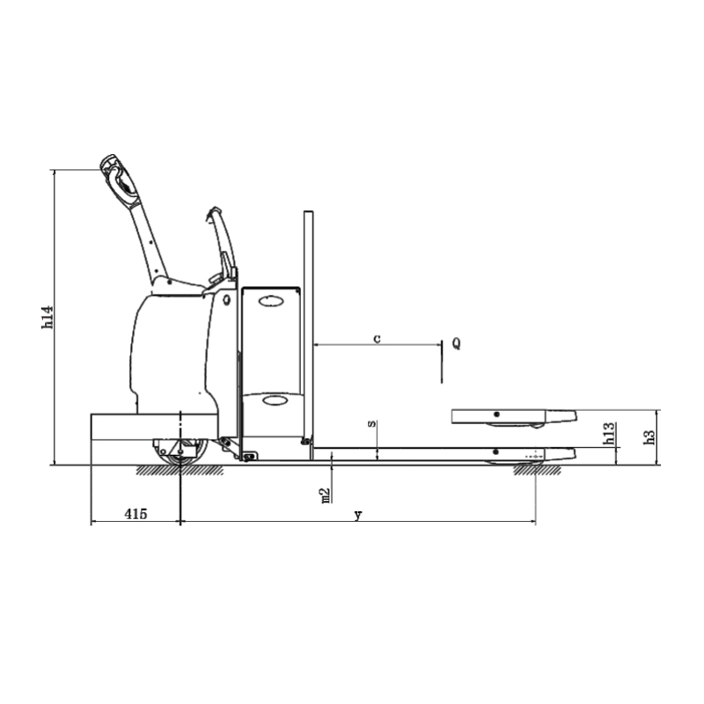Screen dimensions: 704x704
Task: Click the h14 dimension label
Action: tap(48, 317)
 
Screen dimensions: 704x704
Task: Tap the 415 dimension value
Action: tap(136, 513)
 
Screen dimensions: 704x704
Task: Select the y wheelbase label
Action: tap(358, 515)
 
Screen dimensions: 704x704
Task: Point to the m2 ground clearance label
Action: tap(326, 495)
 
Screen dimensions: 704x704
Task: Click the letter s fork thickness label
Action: tap(371, 423)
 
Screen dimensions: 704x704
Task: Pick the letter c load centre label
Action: tap(378, 338)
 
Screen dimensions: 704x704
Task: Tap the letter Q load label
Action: tap(456, 343)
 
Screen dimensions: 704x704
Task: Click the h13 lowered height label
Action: tap(609, 434)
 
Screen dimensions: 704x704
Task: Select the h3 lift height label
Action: tap(649, 437)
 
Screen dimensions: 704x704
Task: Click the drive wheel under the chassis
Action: tap(181, 452)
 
